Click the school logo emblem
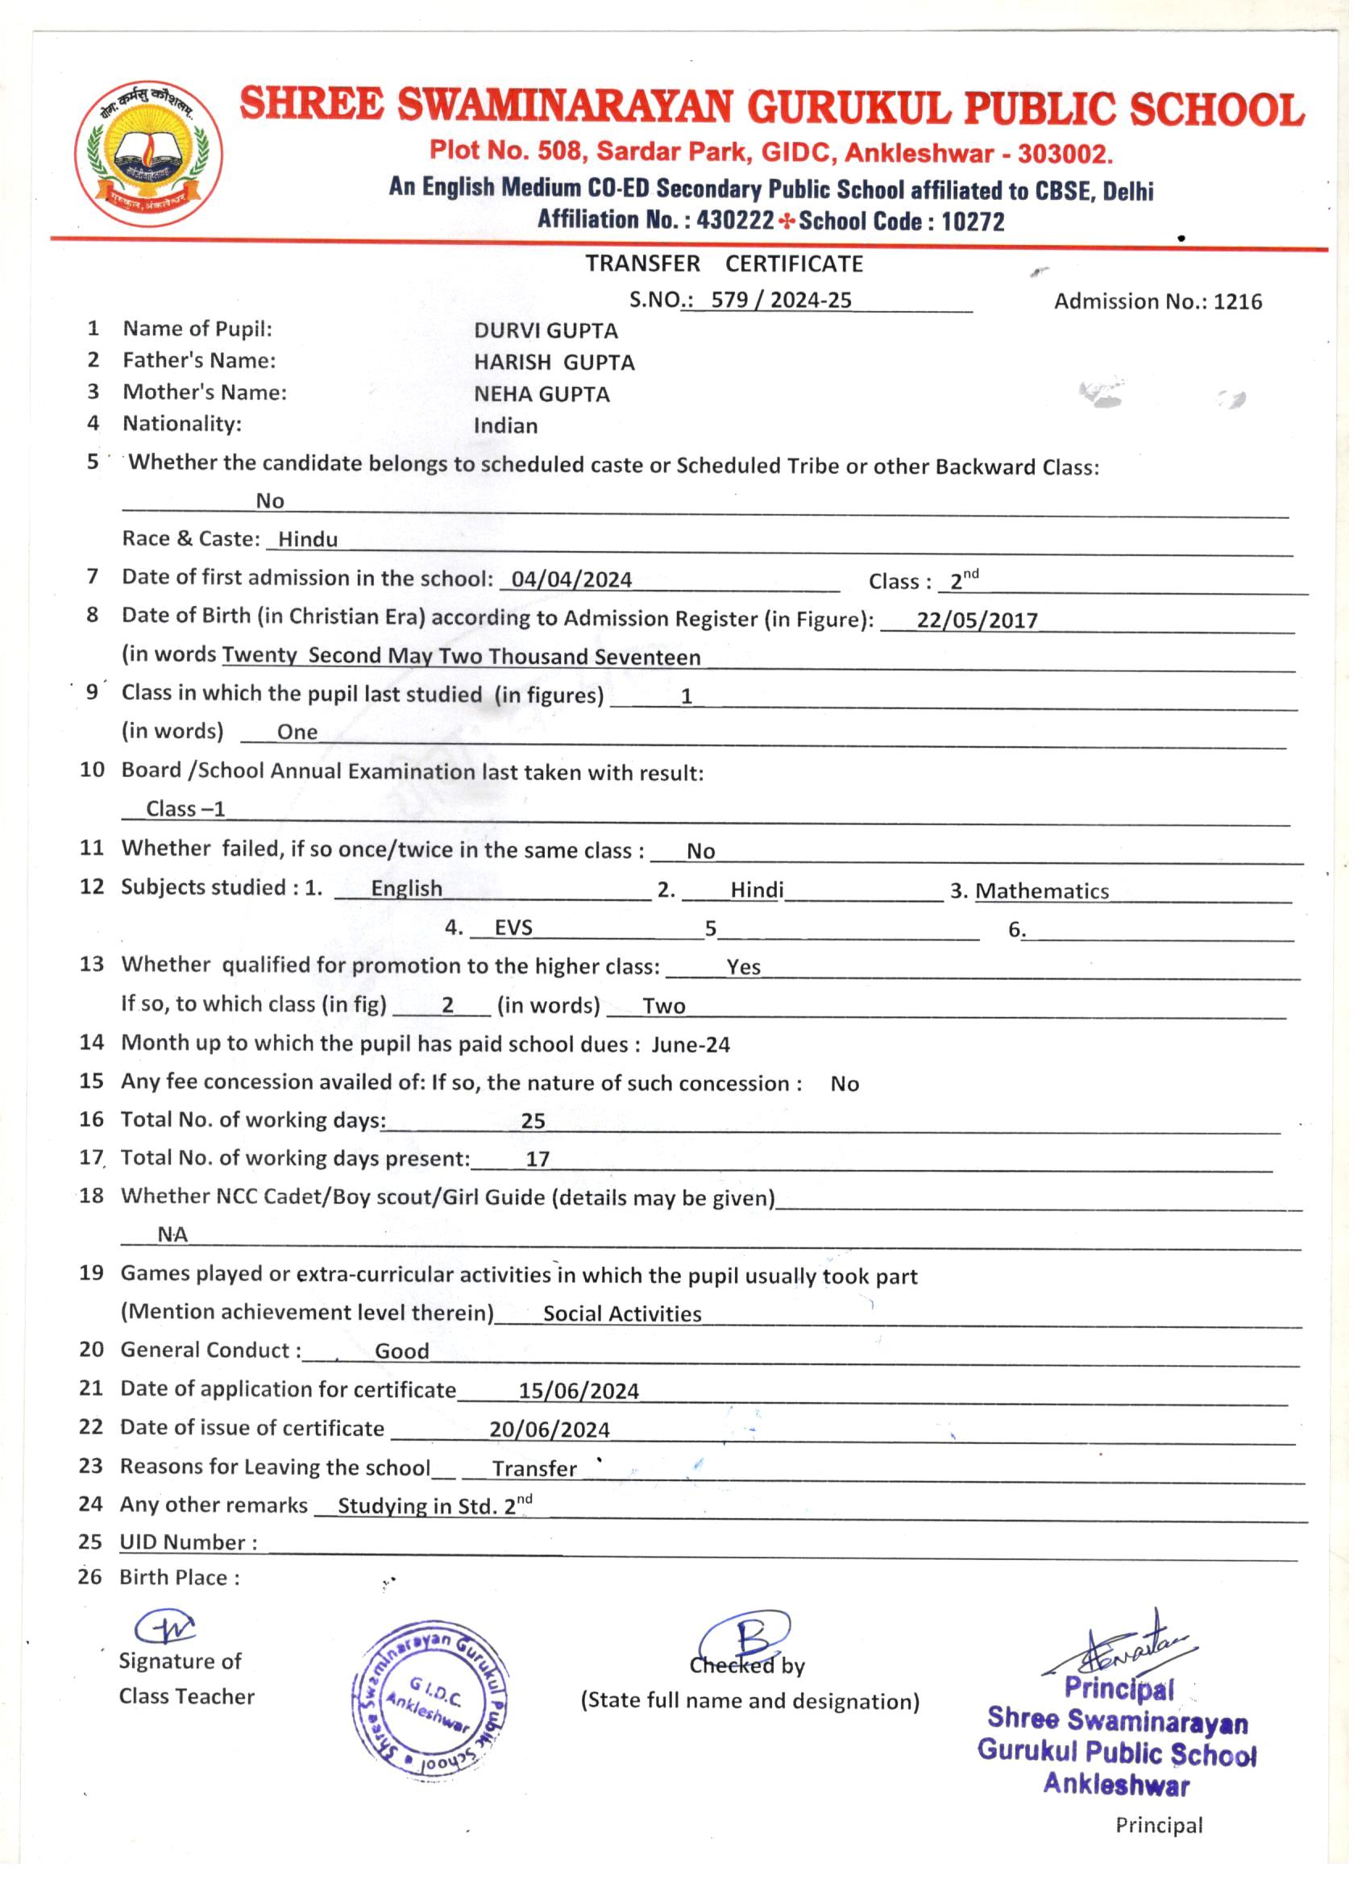coord(150,155)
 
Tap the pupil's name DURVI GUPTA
coord(546,330)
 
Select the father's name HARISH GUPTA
coord(554,362)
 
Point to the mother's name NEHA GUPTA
coord(542,394)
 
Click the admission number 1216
coord(1237,301)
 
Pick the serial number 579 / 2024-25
coord(781,300)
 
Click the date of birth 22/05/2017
coord(977,620)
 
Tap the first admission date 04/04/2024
coord(571,579)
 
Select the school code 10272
coord(973,221)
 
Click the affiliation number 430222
coord(735,220)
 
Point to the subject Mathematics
coord(1042,891)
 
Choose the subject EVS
coord(513,927)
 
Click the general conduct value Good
coord(402,1351)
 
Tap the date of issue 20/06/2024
coord(549,1430)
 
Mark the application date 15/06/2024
coord(579,1391)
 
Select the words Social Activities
coord(622,1313)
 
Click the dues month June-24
coord(691,1044)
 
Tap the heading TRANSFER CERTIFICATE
coord(724,264)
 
